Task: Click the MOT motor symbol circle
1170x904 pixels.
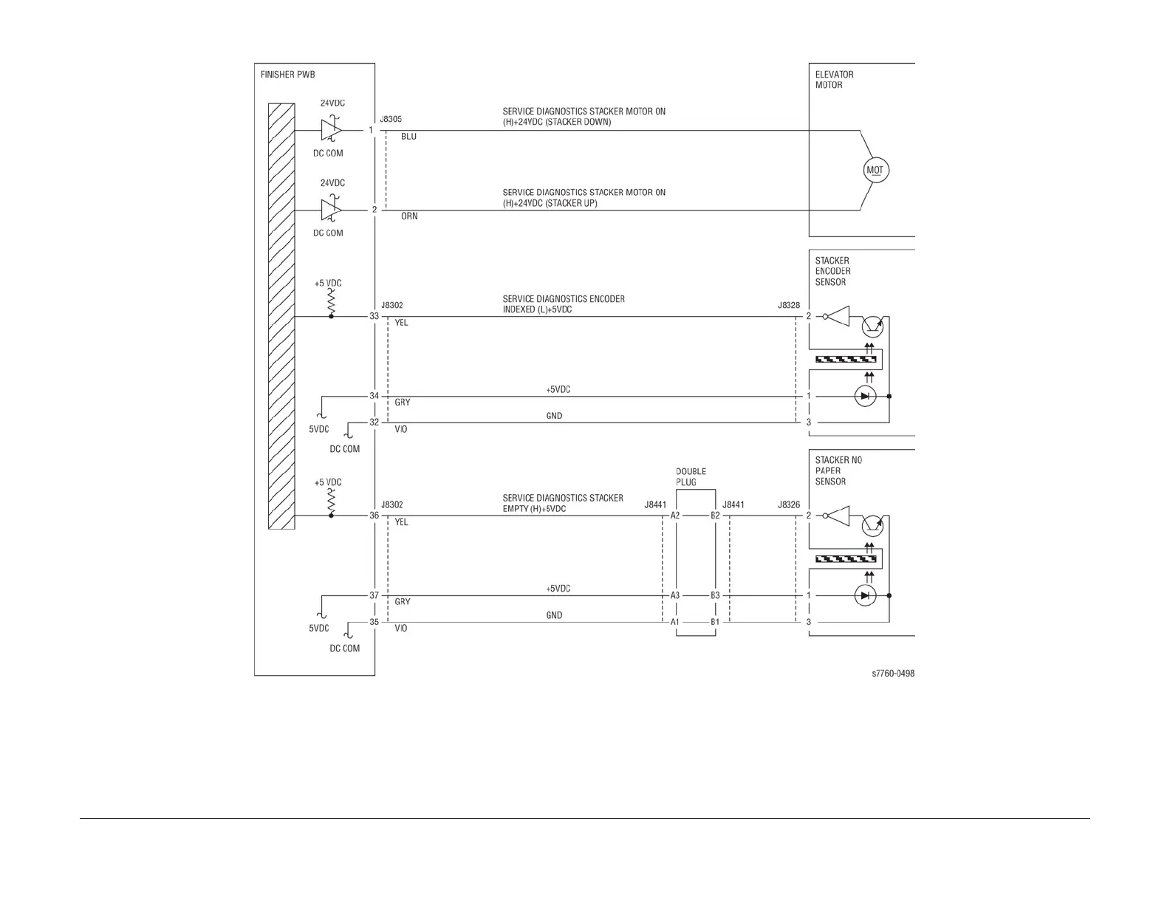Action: coord(875,171)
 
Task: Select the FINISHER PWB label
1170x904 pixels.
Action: coord(287,75)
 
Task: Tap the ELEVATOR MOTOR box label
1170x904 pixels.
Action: coord(834,80)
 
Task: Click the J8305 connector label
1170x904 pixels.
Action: coord(391,119)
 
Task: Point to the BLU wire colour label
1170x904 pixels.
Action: coord(408,137)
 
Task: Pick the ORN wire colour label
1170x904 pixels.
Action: coord(409,216)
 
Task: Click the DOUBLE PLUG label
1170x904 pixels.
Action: coord(691,477)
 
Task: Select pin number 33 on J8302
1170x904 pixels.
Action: coord(374,316)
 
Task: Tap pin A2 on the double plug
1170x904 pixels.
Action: coord(675,516)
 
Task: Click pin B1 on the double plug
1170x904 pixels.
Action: coord(715,622)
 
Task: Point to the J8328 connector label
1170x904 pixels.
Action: coord(789,305)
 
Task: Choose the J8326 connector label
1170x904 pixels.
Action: coord(789,504)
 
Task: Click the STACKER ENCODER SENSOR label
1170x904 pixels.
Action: coord(832,271)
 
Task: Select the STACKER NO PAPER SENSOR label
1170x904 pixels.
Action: coord(838,470)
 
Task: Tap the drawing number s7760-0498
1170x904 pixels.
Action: coord(893,674)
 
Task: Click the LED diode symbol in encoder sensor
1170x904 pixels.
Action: coord(865,397)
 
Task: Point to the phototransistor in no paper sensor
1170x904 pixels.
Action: coord(872,525)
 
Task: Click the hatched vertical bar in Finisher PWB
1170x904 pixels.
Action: coord(281,316)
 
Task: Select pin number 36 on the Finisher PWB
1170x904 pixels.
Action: coord(374,516)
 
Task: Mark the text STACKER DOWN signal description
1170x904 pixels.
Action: coord(557,123)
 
